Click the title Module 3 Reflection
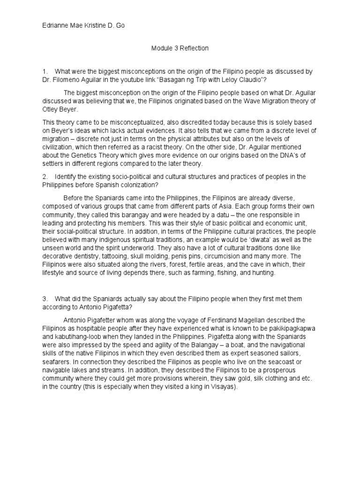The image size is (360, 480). (x=180, y=48)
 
